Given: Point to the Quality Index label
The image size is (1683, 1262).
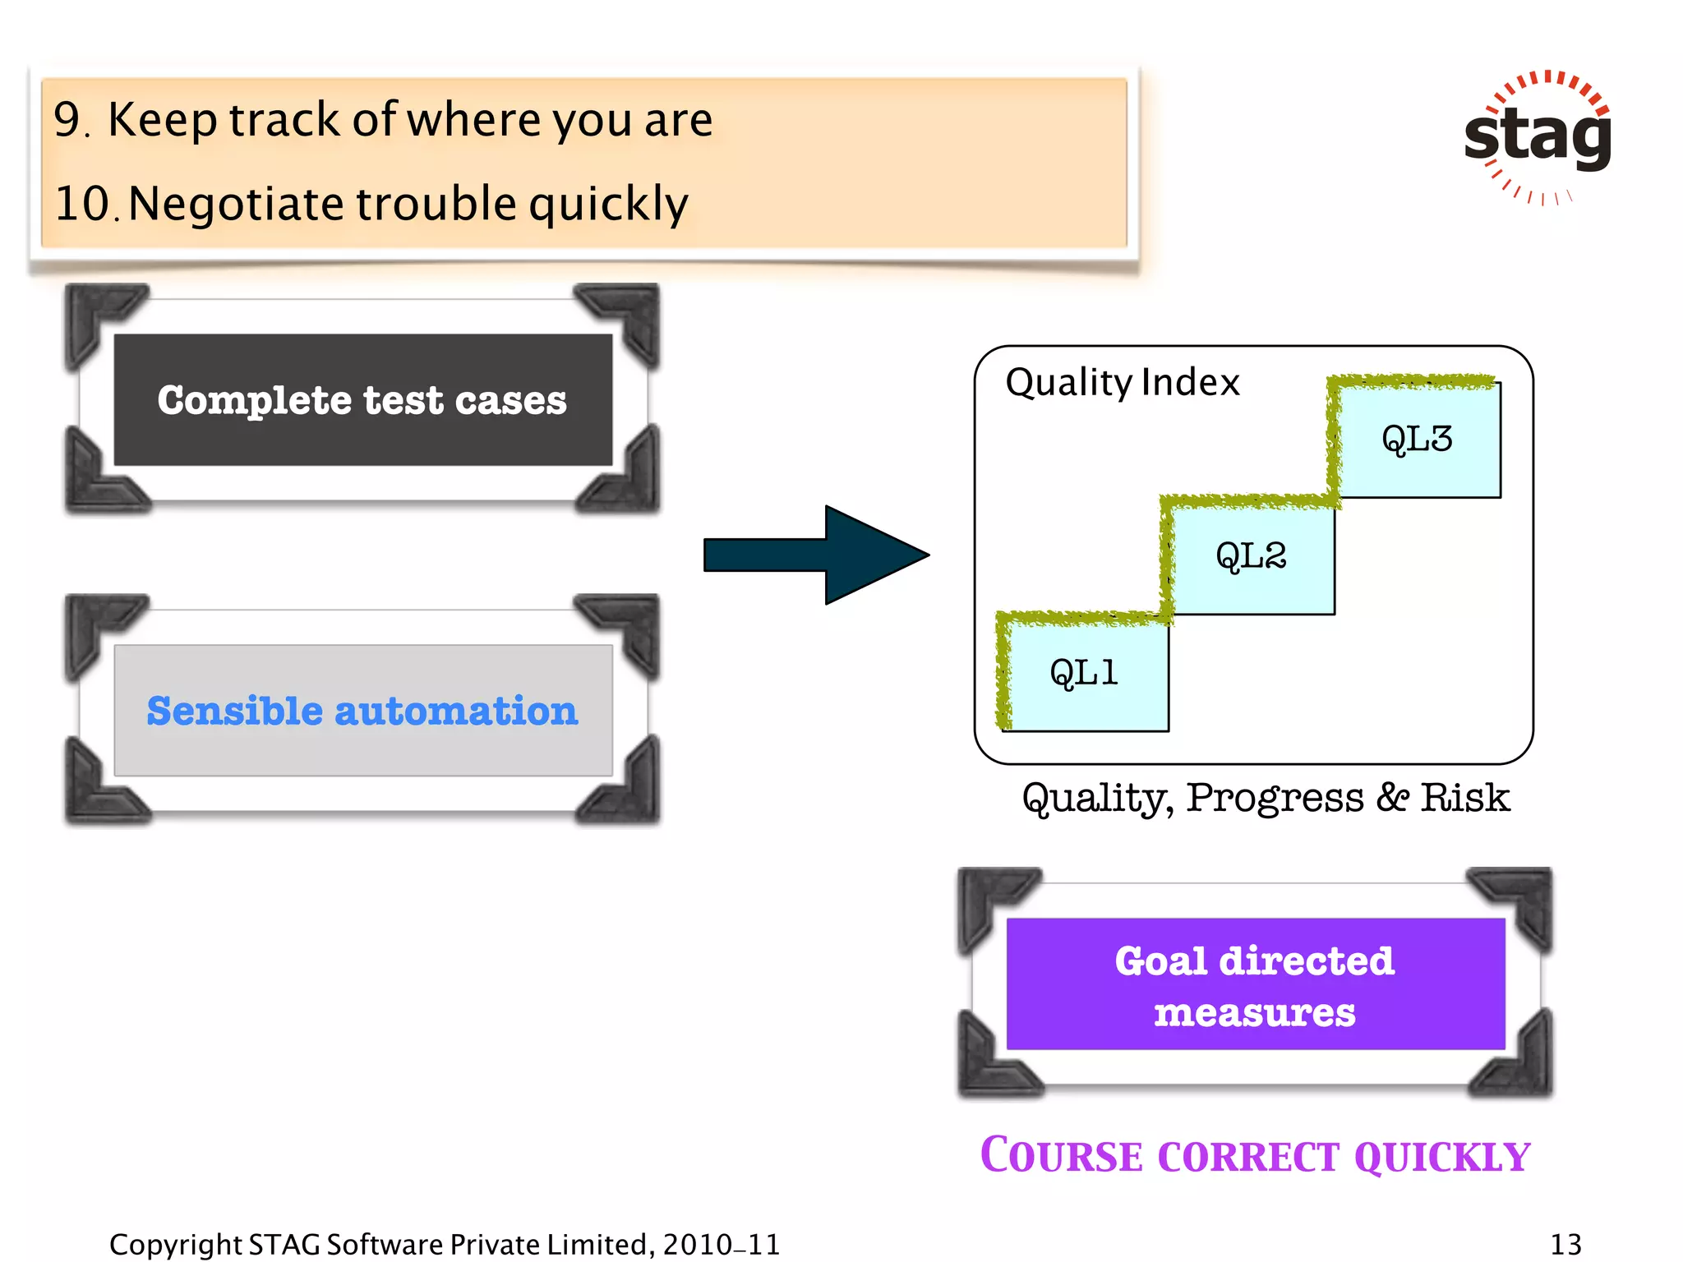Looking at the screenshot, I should pos(1122,383).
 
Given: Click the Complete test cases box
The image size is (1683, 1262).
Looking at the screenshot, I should pos(362,400).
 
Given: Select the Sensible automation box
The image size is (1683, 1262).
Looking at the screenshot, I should pos(362,711).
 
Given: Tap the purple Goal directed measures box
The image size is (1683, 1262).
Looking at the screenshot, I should pos(1255,984).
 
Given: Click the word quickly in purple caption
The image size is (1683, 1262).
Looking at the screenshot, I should pos(1441,1157).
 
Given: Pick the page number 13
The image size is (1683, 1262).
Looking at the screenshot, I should pos(1565,1244).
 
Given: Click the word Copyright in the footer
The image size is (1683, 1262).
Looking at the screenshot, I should pos(175,1245).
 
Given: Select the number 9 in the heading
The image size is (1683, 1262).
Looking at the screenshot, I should pos(68,120).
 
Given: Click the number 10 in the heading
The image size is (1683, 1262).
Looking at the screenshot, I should pos(82,204).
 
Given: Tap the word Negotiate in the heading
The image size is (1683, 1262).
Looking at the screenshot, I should pos(236,204).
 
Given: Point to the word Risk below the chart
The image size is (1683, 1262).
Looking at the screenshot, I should pos(1465,798).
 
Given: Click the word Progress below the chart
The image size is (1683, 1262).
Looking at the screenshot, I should pos(1275,798).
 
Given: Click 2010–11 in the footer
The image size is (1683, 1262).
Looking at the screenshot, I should pos(721,1245).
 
